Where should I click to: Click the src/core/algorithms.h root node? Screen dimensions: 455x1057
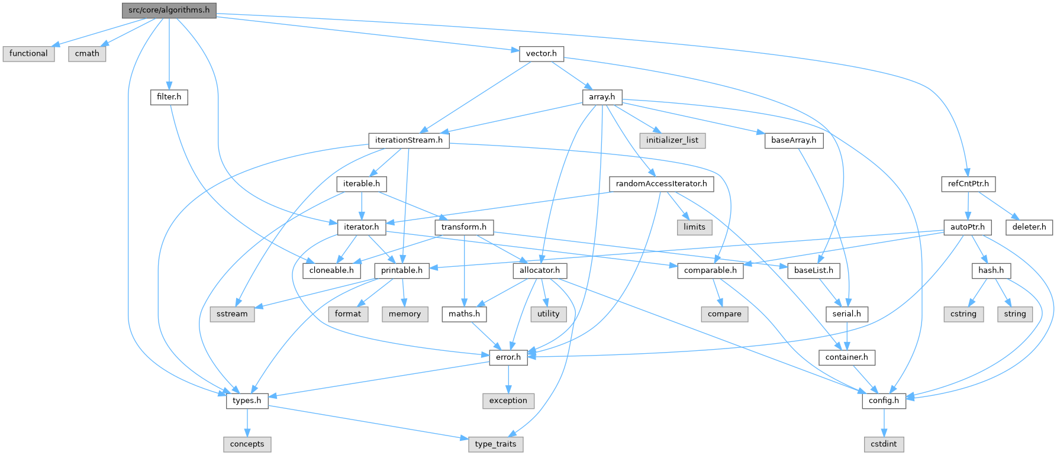tap(169, 10)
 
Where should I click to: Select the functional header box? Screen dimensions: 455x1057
tap(28, 53)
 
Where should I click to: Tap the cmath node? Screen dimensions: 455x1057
tap(87, 53)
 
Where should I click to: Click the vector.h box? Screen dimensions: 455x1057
tap(541, 53)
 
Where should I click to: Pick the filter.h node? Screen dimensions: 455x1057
tap(169, 96)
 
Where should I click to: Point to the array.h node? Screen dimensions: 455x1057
tap(602, 96)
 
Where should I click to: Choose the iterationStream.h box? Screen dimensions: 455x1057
tap(408, 140)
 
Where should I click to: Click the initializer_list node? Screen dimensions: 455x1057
tap(672, 140)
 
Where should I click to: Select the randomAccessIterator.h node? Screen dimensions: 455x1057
tap(661, 184)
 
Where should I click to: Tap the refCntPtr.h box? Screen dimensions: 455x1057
tap(968, 184)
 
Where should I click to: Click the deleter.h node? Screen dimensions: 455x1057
tap(1029, 227)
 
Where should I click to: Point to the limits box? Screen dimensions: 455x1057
tap(694, 227)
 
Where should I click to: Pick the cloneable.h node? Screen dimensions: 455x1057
tap(331, 270)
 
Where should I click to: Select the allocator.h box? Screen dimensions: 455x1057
tap(540, 270)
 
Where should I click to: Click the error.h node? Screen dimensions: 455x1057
tap(508, 357)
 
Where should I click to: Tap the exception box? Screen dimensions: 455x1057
tap(508, 401)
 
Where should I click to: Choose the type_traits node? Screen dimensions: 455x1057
tap(495, 444)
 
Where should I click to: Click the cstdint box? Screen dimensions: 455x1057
tap(884, 444)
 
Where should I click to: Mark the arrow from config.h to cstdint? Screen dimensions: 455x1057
tap(884, 422)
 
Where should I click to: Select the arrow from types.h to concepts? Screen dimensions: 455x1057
tap(247, 422)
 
